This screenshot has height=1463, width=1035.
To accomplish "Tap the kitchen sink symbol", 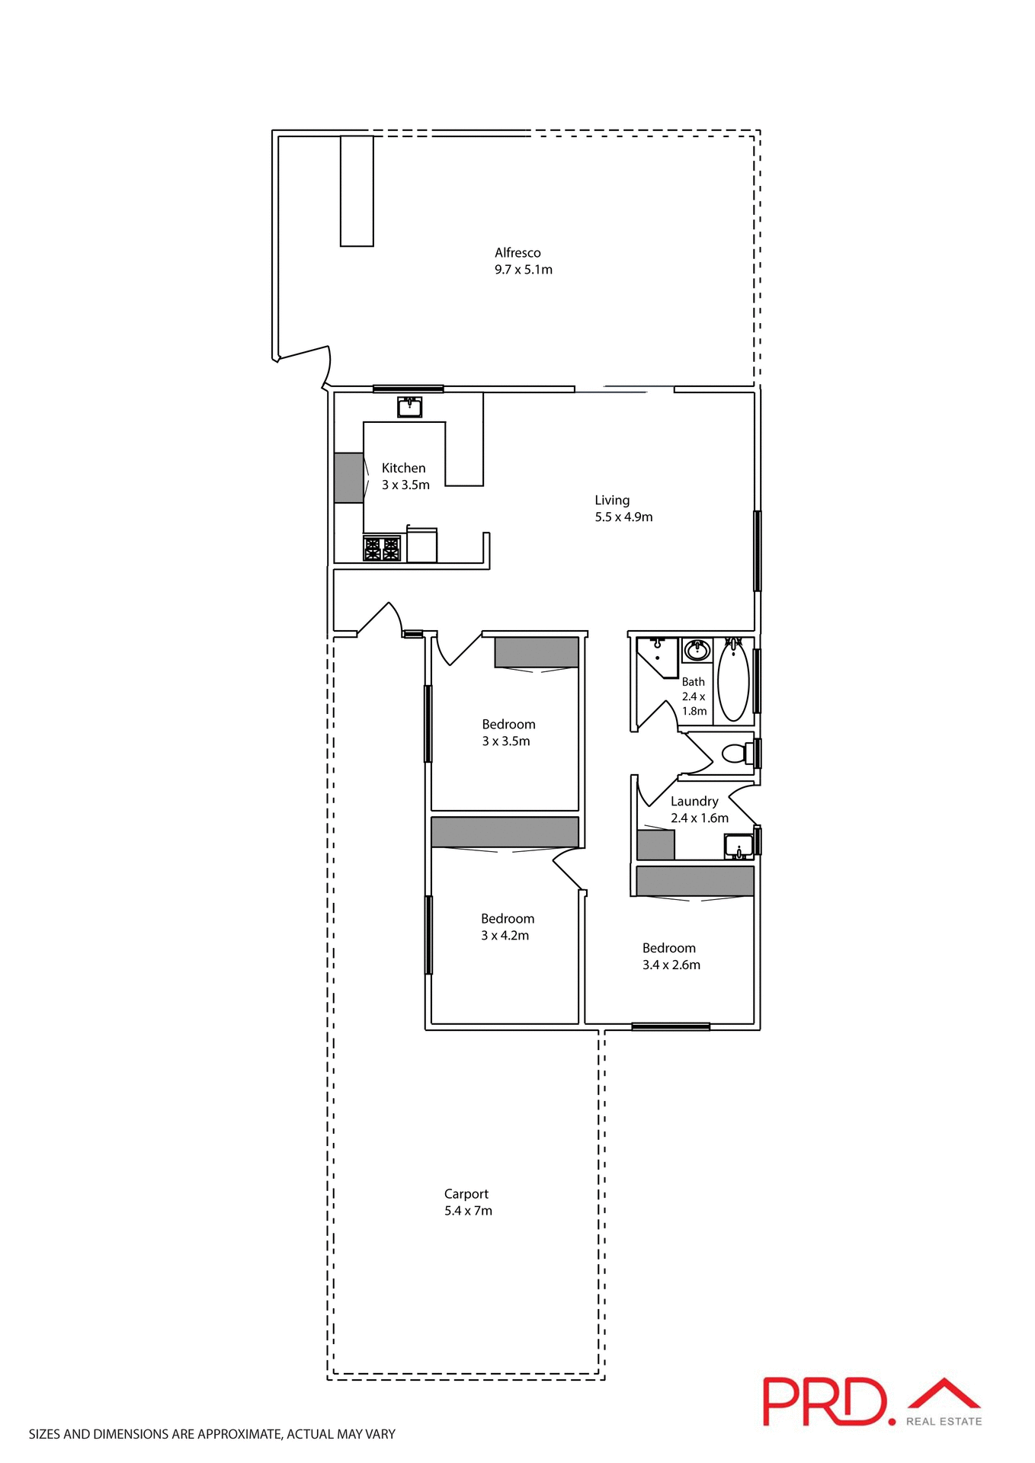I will (x=409, y=407).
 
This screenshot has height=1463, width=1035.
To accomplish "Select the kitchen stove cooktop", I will (x=381, y=549).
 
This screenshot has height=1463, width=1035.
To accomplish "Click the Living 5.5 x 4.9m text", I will (x=623, y=508).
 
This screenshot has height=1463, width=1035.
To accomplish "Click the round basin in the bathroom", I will (x=697, y=651).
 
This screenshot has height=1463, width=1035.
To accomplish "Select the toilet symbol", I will (x=736, y=754).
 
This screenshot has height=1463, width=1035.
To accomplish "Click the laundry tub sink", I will (x=738, y=846).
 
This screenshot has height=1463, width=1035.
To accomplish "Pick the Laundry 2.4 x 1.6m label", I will (x=698, y=809).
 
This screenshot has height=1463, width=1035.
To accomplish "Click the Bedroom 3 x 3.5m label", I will (x=508, y=732).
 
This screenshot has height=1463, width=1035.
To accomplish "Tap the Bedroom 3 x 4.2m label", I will (x=507, y=927).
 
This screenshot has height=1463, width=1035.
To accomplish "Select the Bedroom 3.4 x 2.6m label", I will (x=670, y=956).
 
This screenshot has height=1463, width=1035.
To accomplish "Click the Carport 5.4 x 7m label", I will (x=467, y=1202).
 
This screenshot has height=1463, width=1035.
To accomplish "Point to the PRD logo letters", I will (x=827, y=1401).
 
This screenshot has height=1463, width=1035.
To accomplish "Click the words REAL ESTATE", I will (x=944, y=1421).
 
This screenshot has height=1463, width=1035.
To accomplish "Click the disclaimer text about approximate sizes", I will (x=212, y=1434).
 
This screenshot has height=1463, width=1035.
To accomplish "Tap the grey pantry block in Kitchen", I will (x=348, y=478).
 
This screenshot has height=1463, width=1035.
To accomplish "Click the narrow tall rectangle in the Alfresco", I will (x=357, y=190).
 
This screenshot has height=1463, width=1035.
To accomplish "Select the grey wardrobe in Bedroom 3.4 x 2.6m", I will (x=694, y=881).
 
